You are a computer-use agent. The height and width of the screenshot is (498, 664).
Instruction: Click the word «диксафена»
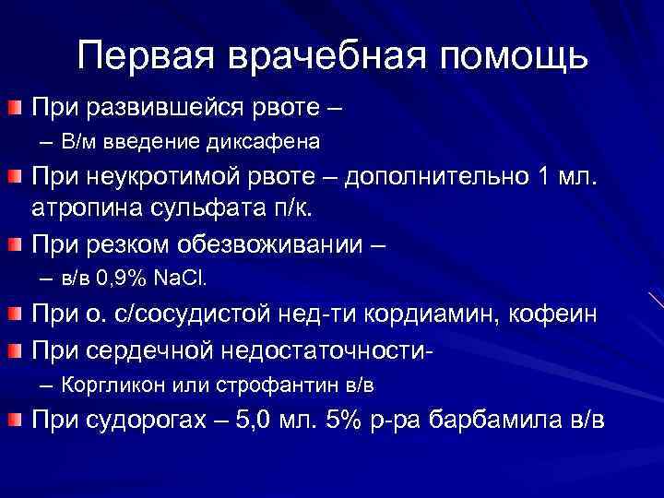(x=274, y=142)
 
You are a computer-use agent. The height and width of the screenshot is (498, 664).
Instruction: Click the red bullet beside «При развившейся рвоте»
(x=14, y=109)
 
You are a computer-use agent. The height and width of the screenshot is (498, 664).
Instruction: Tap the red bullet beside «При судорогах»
(x=14, y=421)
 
